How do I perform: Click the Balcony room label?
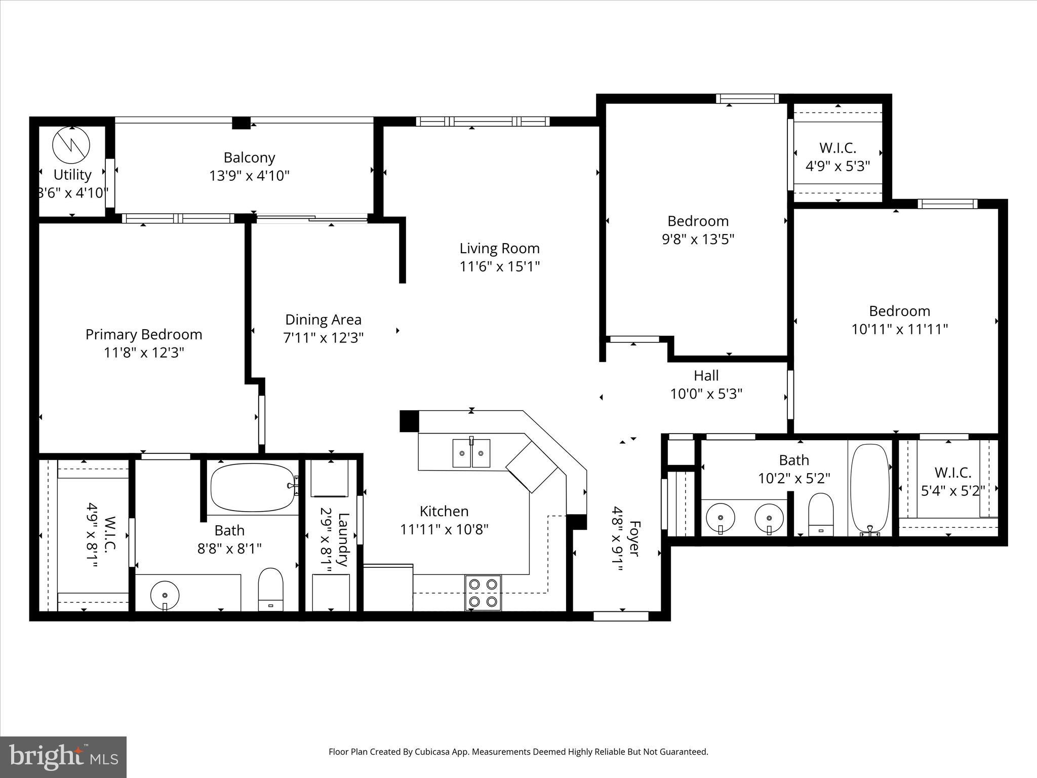click(x=249, y=158)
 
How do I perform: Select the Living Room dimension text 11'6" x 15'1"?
click(x=499, y=266)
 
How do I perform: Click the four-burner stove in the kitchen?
click(x=483, y=593)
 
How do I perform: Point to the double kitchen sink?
click(x=471, y=453)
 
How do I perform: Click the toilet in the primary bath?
click(x=270, y=589)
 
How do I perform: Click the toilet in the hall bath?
click(x=821, y=514)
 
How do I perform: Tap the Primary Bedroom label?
click(x=144, y=334)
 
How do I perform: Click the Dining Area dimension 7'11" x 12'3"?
click(x=323, y=338)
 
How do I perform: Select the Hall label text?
click(x=706, y=375)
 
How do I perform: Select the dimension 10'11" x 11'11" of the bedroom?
click(x=899, y=329)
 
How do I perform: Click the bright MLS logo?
click(x=63, y=756)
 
